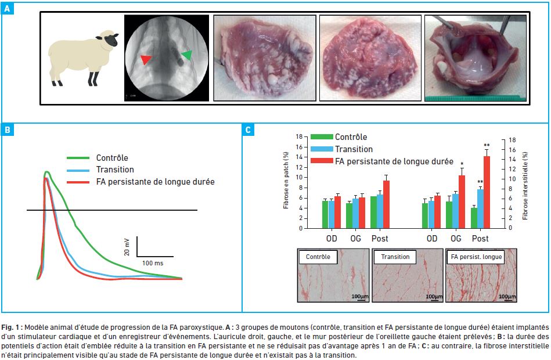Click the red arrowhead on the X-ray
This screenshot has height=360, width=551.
[146, 59]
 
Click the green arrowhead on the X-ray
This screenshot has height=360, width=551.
[188, 55]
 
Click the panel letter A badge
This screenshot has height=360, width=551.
[8, 9]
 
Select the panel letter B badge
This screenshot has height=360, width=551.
[8, 129]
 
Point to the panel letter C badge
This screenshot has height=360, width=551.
[248, 129]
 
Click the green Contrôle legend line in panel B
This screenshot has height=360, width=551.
[78, 158]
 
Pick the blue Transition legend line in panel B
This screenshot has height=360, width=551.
[78, 170]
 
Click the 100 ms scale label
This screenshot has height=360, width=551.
[153, 263]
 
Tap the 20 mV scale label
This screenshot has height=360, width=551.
[127, 247]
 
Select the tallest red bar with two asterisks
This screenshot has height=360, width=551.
[487, 192]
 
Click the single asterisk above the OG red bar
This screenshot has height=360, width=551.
[462, 164]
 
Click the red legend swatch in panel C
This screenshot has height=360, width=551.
[322, 161]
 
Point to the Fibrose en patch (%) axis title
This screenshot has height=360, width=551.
[286, 180]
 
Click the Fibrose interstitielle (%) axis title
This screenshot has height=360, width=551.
[525, 186]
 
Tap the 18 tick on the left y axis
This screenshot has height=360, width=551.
[299, 137]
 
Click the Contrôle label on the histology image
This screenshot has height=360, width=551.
[318, 257]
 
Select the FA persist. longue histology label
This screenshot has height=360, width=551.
[476, 257]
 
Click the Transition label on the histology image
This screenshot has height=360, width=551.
[395, 257]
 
